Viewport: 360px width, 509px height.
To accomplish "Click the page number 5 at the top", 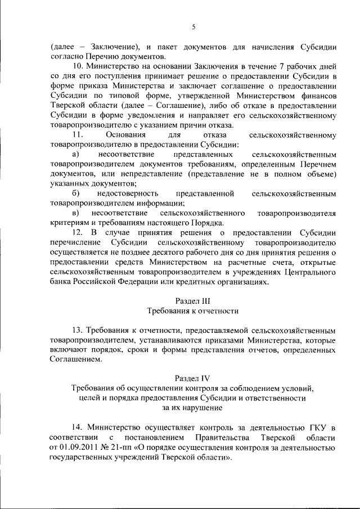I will [x=193, y=26].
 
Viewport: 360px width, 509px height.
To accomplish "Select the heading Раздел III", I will [x=193, y=300].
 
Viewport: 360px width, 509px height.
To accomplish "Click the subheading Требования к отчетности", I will [x=193, y=310].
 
